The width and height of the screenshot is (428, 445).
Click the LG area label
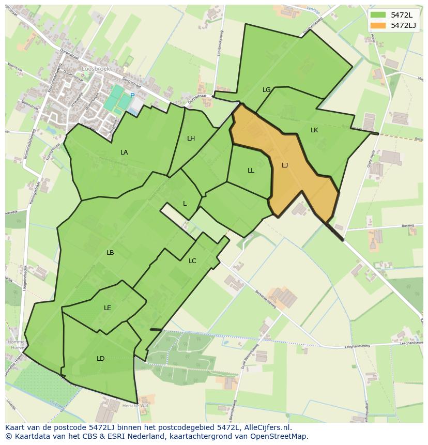[x=266, y=90]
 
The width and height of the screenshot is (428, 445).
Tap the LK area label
[x=314, y=130]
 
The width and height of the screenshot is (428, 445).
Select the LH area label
[x=191, y=139]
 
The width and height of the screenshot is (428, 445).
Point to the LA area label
[x=124, y=152]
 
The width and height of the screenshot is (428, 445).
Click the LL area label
[x=251, y=171]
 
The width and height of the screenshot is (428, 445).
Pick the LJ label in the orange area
[x=285, y=165]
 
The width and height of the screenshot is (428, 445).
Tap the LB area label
[x=110, y=253]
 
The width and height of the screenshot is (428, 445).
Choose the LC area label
[x=192, y=261]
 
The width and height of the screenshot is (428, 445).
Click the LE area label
[x=108, y=308]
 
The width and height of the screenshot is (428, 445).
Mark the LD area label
[x=100, y=359]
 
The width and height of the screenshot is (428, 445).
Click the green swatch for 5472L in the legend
[x=378, y=15]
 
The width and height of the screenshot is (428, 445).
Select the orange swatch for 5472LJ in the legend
[x=378, y=25]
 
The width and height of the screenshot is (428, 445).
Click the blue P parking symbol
[x=132, y=96]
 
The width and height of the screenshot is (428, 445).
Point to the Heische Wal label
[x=138, y=406]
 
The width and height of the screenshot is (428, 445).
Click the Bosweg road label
[x=408, y=225]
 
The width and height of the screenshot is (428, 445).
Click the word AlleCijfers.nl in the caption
[x=268, y=428]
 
